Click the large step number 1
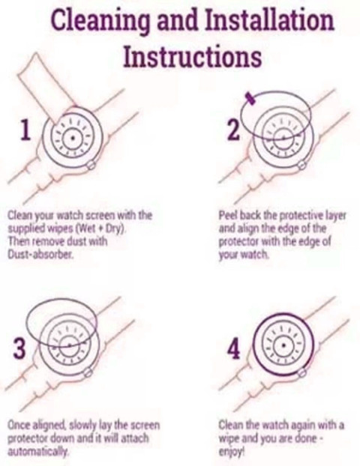(x=25, y=130)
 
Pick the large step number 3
(x=19, y=349)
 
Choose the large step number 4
(x=233, y=349)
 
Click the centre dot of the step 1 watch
(x=73, y=138)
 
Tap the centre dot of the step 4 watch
(x=284, y=345)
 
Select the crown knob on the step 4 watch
(x=302, y=372)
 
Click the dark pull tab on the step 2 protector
(x=250, y=99)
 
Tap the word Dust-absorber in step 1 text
(x=40, y=255)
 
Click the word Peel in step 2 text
(x=228, y=215)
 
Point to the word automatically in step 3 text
(x=37, y=452)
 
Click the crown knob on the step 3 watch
(x=88, y=372)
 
